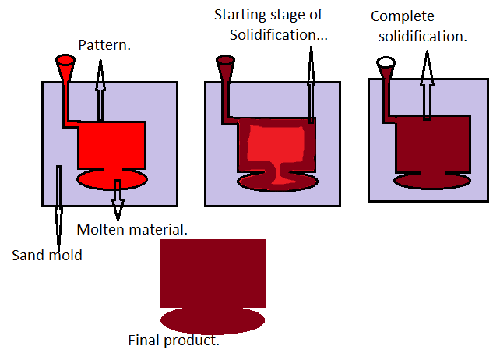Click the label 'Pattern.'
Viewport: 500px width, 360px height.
click(x=105, y=46)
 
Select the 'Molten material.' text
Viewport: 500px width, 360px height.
click(x=132, y=230)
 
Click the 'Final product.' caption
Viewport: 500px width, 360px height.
click(x=174, y=341)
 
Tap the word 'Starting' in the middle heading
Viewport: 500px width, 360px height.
click(x=238, y=15)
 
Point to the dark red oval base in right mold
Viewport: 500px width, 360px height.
click(x=432, y=180)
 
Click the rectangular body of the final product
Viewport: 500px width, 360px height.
click(x=213, y=273)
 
